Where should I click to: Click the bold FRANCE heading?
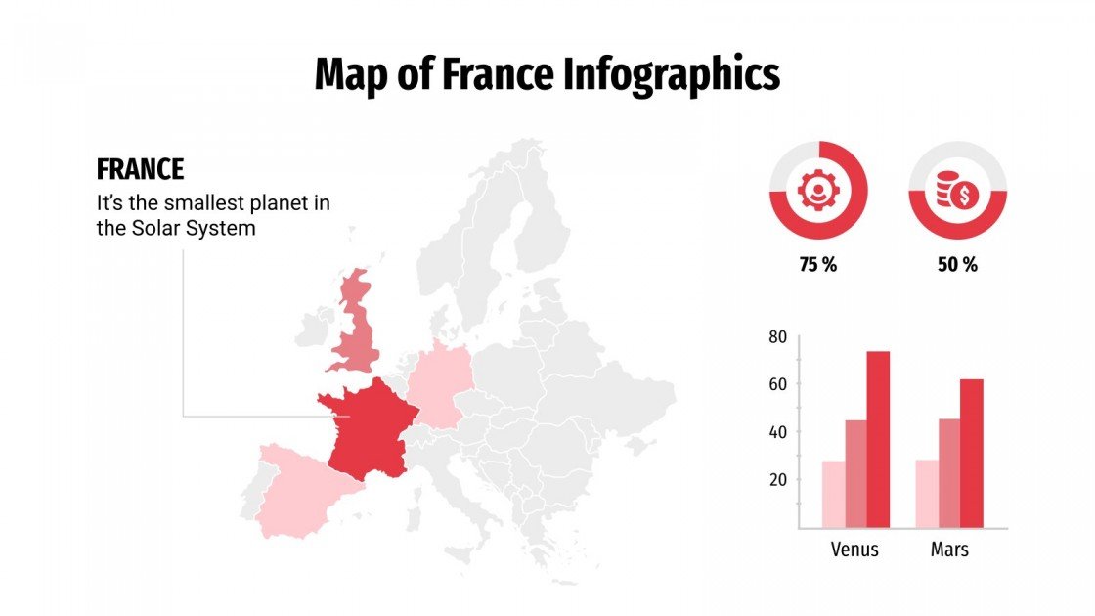tap(140, 169)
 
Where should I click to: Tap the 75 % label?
tap(818, 265)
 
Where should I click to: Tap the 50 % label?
tap(957, 265)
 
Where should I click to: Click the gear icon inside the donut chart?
tap(818, 190)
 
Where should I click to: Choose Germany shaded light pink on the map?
tap(439, 387)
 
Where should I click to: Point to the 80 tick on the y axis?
tap(778, 337)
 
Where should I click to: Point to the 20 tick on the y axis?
tap(778, 479)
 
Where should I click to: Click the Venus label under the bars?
tap(854, 550)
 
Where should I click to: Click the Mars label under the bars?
tap(949, 550)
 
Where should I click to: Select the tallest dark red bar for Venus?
tap(878, 439)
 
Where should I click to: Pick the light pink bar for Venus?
tap(833, 494)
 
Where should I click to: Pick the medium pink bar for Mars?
tap(948, 473)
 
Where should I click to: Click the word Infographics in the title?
tap(672, 74)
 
